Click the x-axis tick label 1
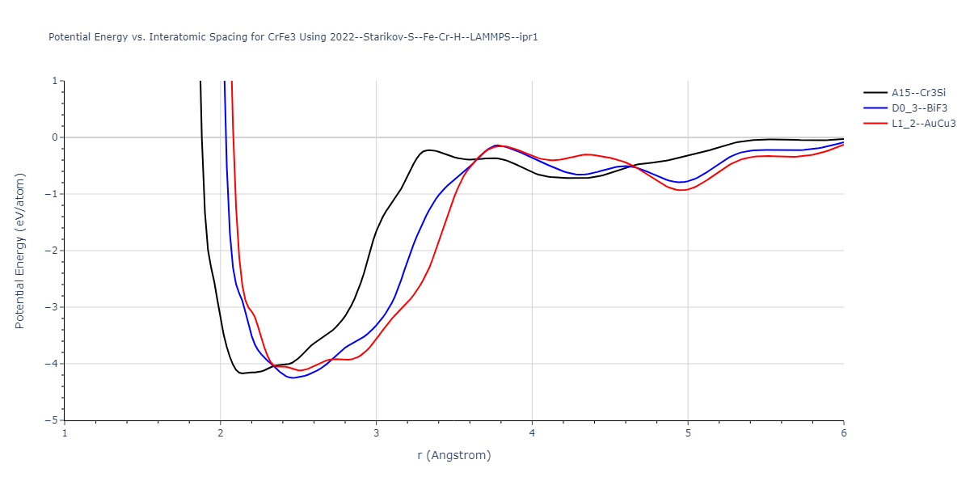(65, 433)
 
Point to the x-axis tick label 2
(221, 433)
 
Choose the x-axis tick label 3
(377, 433)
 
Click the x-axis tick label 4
(532, 433)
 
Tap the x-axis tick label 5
(688, 433)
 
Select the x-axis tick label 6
(843, 433)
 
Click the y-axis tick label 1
(54, 81)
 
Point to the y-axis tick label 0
(54, 137)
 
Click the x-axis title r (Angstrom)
(453, 455)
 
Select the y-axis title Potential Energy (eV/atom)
(20, 251)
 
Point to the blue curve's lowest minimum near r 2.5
(293, 378)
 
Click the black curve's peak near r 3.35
(430, 150)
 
